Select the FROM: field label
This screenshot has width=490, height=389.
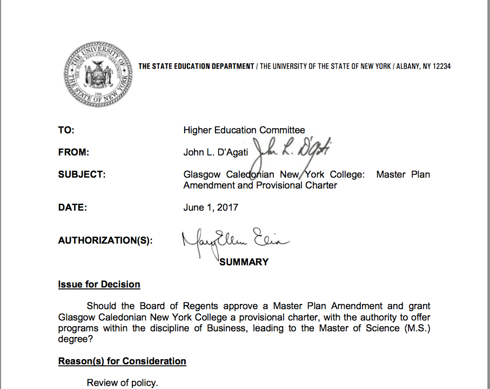point(73,153)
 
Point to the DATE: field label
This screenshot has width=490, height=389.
point(72,207)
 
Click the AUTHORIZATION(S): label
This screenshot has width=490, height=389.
point(105,241)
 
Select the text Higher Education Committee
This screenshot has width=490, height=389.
point(244,130)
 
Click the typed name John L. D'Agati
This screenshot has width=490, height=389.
point(216,153)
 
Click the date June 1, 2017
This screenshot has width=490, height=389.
point(211,207)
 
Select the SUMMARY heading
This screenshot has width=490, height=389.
point(244,262)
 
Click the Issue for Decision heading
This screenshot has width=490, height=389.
point(99,285)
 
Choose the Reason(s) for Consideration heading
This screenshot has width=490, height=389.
point(122,361)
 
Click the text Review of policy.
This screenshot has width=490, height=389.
point(123,383)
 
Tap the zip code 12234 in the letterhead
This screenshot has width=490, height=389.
point(440,67)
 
